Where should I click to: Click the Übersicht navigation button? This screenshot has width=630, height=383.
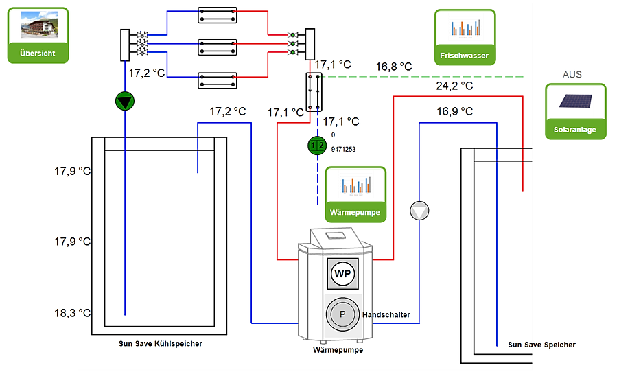38,36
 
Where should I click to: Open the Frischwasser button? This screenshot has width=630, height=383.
465,37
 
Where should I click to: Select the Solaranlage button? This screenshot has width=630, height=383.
575,112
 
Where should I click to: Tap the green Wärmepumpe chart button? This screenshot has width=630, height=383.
355,194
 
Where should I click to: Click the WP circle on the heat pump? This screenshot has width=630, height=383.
342,274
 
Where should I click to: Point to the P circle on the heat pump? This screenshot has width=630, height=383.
342,314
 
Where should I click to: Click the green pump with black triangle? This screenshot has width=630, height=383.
124,102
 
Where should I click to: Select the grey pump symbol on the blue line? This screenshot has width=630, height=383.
419,211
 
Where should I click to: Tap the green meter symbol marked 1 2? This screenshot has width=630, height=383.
318,146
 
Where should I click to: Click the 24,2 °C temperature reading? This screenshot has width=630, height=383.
454,86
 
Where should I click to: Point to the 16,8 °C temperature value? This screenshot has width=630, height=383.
394,67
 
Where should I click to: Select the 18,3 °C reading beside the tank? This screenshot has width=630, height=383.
73,313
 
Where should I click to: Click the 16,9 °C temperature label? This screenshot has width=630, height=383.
455,111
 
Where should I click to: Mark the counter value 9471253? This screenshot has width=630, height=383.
343,149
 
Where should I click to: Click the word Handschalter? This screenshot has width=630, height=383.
386,314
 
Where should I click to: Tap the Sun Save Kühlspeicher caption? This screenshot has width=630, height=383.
161,344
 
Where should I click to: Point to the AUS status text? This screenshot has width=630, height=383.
572,74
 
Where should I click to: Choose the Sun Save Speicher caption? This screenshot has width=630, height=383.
541,345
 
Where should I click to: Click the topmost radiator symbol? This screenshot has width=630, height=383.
218,15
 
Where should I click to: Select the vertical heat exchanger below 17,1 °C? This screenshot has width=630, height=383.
314,92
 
